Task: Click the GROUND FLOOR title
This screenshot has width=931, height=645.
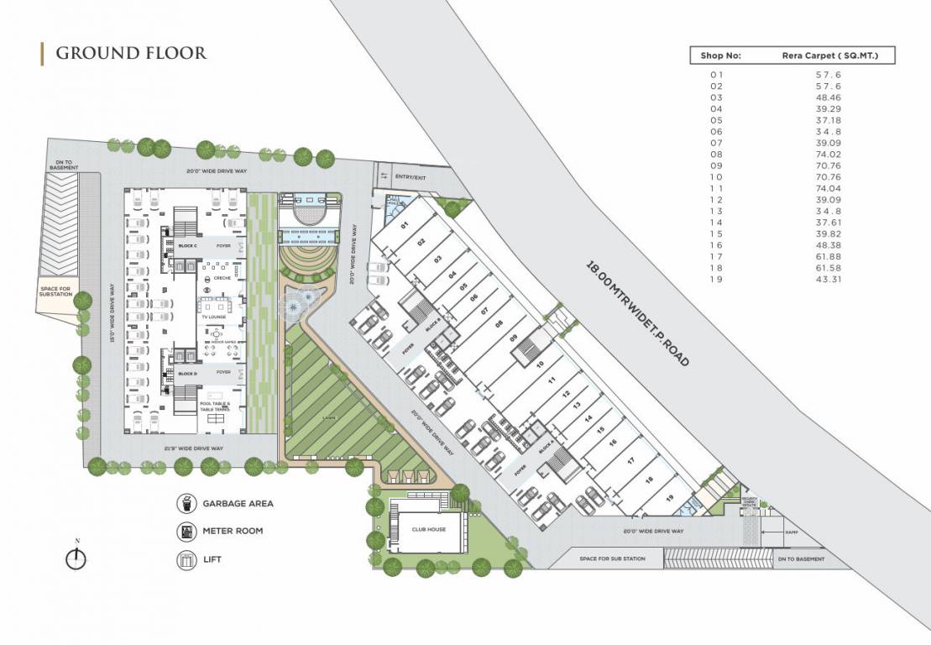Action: click(x=131, y=53)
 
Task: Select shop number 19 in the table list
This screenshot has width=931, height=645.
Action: click(x=716, y=279)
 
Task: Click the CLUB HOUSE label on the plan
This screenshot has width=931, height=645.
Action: click(x=428, y=529)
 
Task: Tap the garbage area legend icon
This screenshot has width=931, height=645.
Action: click(x=186, y=504)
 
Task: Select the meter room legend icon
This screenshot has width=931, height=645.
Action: click(x=186, y=532)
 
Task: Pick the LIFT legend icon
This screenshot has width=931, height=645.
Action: click(x=186, y=558)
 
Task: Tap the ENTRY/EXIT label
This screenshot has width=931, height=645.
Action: click(x=411, y=176)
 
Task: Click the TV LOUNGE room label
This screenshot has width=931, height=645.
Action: click(x=214, y=317)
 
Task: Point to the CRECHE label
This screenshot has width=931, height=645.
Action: click(x=222, y=278)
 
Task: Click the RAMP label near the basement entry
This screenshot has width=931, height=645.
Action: click(x=791, y=532)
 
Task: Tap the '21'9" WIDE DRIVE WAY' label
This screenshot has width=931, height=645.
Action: click(x=194, y=448)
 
